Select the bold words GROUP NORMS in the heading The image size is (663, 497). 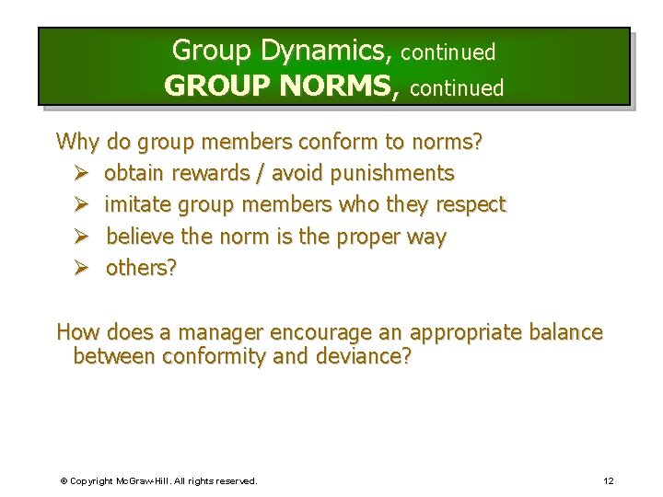point(282,87)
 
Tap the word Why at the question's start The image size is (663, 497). point(78,142)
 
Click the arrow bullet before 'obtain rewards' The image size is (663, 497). point(80,173)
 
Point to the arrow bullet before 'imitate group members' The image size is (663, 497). point(80,204)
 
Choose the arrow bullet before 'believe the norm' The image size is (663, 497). point(80,237)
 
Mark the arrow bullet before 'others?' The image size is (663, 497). point(80,268)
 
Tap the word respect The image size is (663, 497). point(471,204)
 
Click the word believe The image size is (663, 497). point(140,237)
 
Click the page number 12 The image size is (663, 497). point(609,480)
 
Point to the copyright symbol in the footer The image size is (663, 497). point(64,480)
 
